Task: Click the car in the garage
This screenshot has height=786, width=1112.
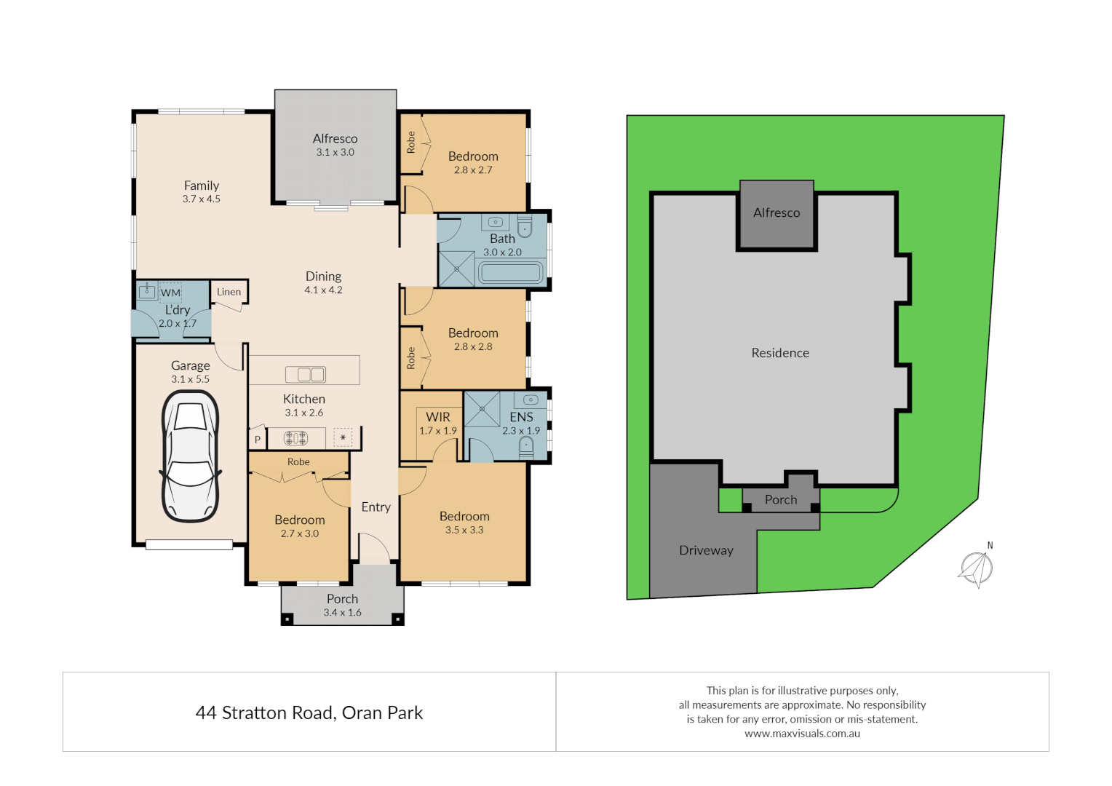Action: pyautogui.click(x=191, y=456)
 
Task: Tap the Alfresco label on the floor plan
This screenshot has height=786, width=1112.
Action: pyautogui.click(x=335, y=138)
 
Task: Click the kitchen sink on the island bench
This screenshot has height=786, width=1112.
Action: pyautogui.click(x=306, y=374)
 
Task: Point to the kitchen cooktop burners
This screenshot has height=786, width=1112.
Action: pyautogui.click(x=295, y=438)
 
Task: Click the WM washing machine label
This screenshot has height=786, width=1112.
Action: pyautogui.click(x=170, y=293)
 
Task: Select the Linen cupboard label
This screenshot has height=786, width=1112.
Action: pyautogui.click(x=229, y=292)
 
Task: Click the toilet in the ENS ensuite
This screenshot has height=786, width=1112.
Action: pyautogui.click(x=525, y=445)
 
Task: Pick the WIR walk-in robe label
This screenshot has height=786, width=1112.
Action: pyautogui.click(x=438, y=417)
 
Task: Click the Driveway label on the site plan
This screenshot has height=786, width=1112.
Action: pyautogui.click(x=706, y=550)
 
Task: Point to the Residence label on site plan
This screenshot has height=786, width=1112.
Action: pyautogui.click(x=780, y=353)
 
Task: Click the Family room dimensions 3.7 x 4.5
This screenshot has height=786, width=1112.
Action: pyautogui.click(x=201, y=199)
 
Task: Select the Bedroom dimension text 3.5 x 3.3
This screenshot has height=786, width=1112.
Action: pyautogui.click(x=464, y=530)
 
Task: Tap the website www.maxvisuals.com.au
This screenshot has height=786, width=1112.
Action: pyautogui.click(x=802, y=734)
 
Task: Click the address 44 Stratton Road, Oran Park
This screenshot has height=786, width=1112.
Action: pyautogui.click(x=309, y=712)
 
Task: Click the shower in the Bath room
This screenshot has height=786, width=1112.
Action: pyautogui.click(x=456, y=269)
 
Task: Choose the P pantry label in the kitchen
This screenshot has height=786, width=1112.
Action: pyautogui.click(x=257, y=440)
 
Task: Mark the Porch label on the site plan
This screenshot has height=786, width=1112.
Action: pyautogui.click(x=781, y=500)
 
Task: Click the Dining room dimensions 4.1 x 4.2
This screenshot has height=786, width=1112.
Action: pyautogui.click(x=323, y=290)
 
